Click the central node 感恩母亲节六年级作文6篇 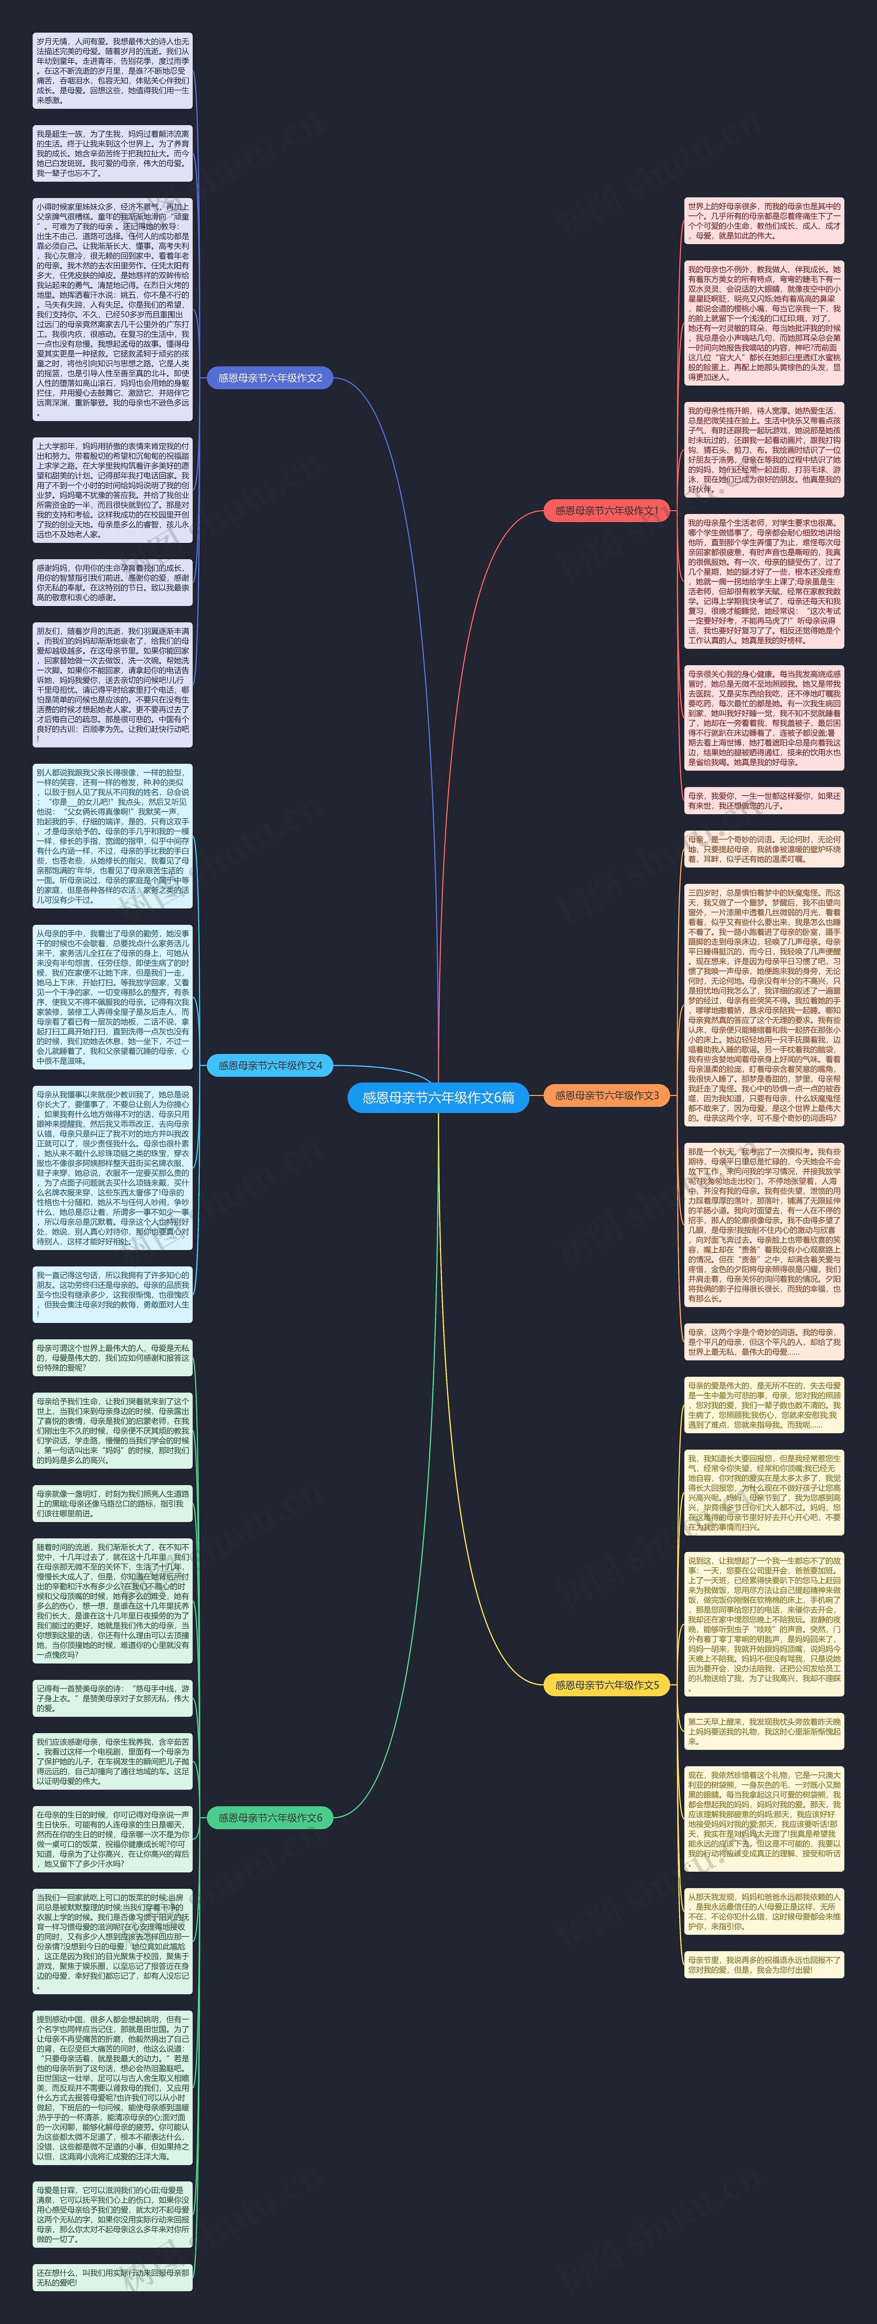[437, 1097]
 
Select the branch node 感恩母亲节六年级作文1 [606, 510]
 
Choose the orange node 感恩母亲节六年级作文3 [606, 1095]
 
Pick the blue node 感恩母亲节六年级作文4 [270, 1065]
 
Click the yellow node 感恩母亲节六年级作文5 [606, 1684]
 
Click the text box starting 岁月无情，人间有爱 [113, 71]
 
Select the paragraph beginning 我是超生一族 [113, 153]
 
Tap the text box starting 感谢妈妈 [113, 582]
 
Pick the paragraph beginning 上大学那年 [113, 490]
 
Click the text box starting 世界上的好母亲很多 [763, 221]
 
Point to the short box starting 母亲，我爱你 [763, 800]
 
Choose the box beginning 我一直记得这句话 [113, 1294]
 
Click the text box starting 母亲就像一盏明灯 [113, 1503]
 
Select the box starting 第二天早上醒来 [763, 1730]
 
